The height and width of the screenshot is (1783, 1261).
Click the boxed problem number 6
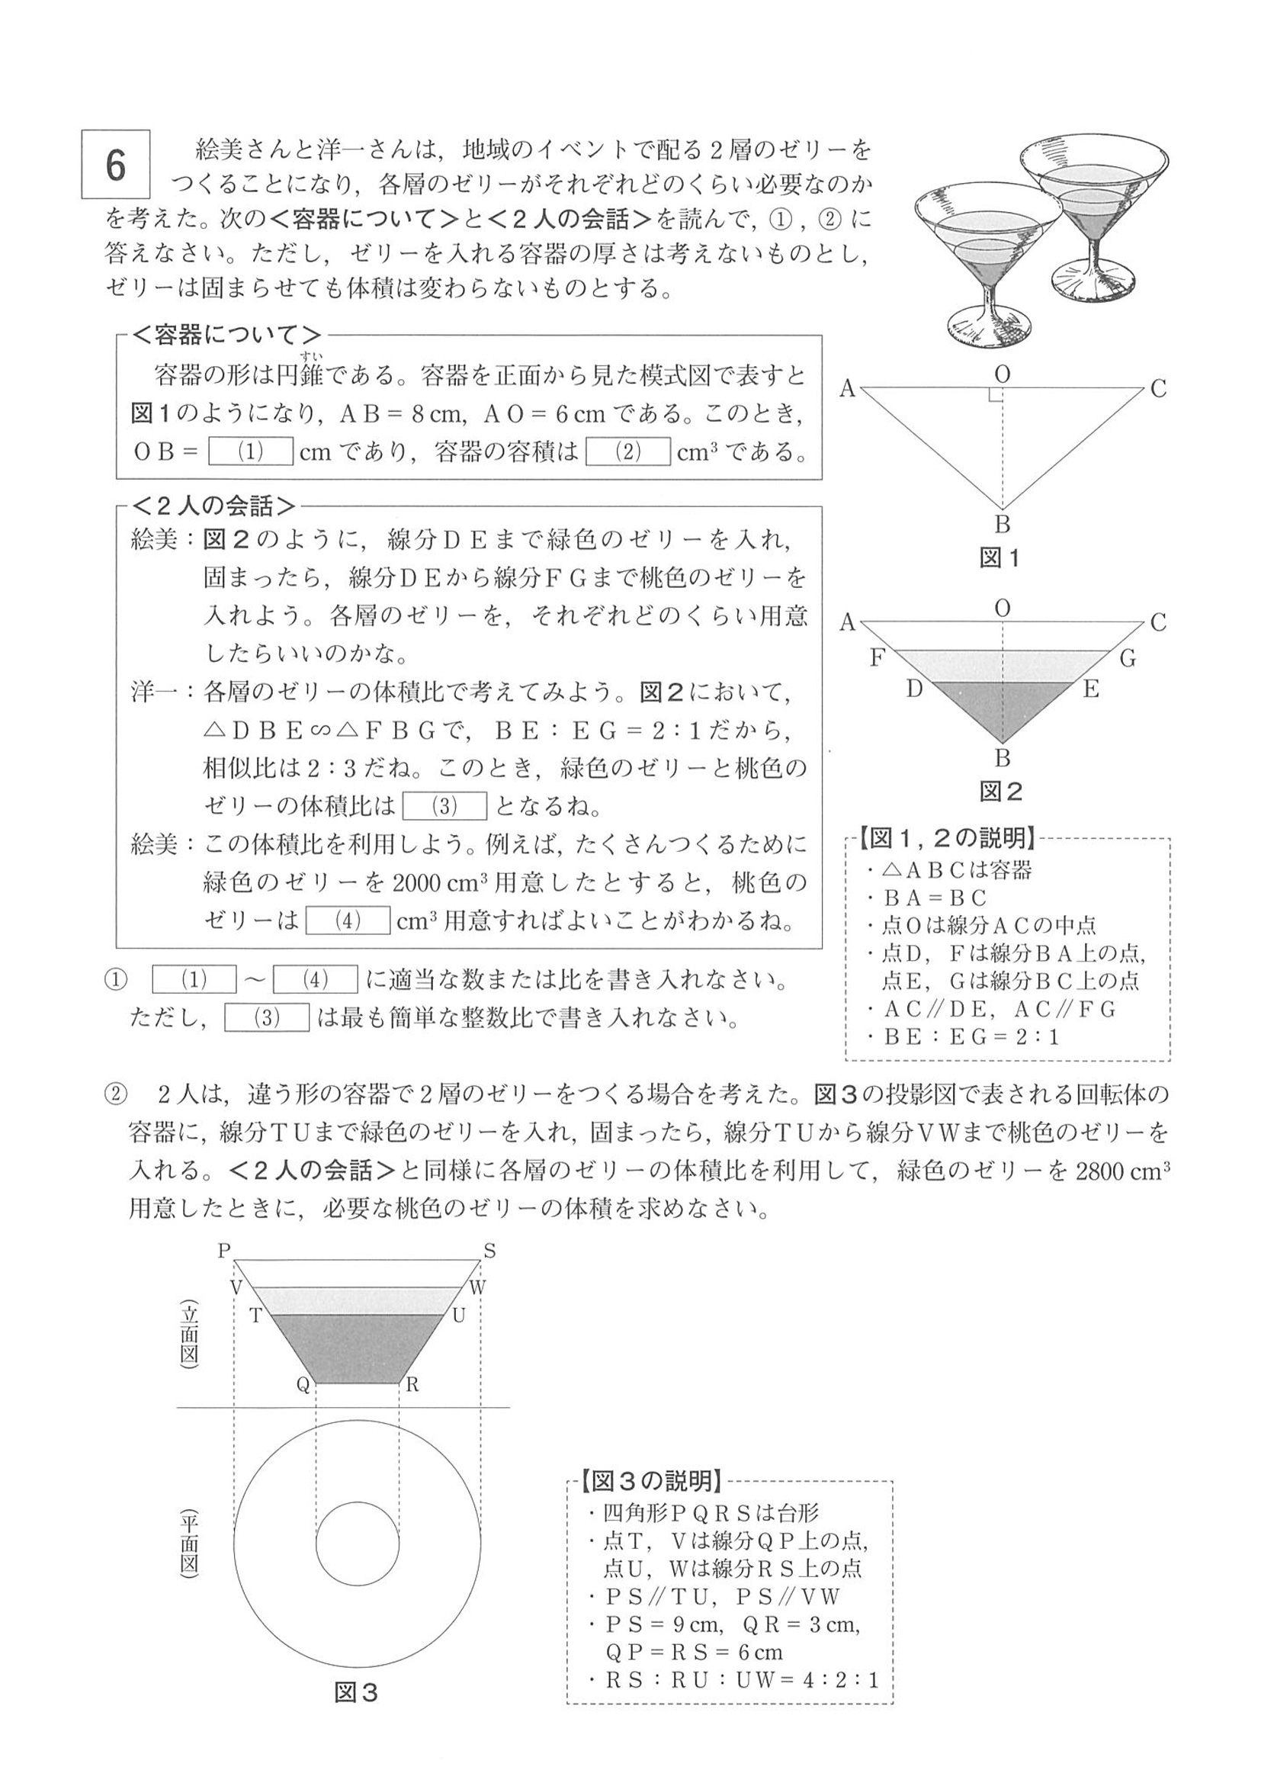116,165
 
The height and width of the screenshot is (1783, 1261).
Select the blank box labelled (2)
627,452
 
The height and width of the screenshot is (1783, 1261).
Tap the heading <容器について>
226,336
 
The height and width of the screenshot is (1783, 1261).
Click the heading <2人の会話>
214,506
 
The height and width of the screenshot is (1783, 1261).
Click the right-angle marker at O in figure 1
996,394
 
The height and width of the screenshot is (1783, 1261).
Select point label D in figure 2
914,689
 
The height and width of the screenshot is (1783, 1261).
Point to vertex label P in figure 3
224,1251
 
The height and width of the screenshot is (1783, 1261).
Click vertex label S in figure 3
489,1251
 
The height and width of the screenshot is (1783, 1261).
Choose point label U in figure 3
458,1316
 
